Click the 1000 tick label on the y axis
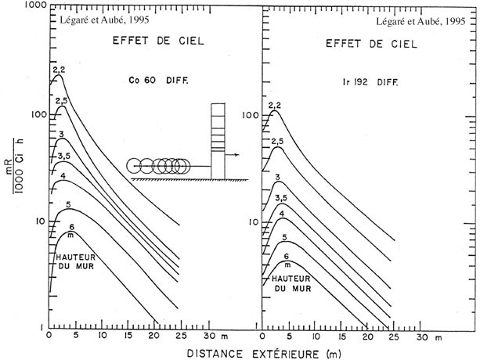coord(32,5)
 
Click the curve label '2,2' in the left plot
coord(58,71)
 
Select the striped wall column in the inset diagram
coord(218,141)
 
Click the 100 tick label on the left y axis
coord(34,114)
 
